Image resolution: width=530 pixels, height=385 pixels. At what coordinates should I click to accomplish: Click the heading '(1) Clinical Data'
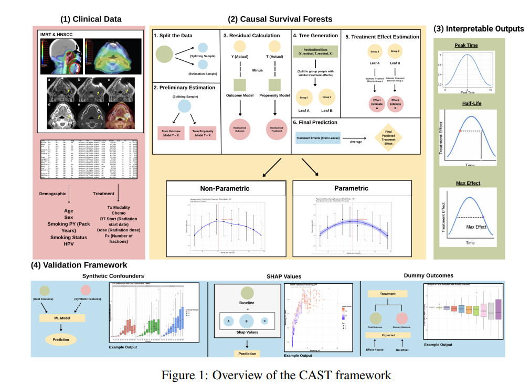91,19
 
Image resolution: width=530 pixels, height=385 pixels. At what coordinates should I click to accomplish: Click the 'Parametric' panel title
352,188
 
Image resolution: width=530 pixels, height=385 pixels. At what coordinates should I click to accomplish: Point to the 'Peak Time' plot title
466,46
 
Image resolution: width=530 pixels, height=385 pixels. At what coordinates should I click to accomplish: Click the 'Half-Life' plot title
466,103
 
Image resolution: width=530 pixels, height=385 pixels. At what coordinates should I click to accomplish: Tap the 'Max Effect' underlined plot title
466,184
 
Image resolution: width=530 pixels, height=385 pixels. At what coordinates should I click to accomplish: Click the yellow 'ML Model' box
62,317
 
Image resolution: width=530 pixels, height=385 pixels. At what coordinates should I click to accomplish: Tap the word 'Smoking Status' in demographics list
68,238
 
